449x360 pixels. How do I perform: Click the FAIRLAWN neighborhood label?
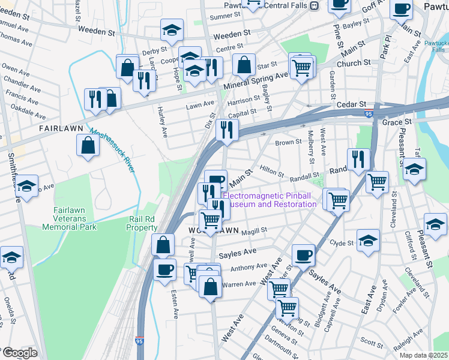coord(60,128)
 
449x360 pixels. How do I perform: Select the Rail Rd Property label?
coord(142,224)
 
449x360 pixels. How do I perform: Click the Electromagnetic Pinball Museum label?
coord(270,200)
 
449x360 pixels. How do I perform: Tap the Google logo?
coord(19,353)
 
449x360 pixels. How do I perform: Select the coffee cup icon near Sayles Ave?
coord(303,254)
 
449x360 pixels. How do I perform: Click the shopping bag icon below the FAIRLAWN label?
coord(88,145)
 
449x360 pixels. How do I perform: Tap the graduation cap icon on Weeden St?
coord(172,30)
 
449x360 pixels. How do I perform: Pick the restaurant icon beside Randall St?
coord(358,159)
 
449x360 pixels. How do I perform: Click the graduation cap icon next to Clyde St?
coord(368,241)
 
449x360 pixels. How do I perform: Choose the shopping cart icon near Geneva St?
coord(287,308)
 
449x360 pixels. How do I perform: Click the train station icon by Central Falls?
coord(314,5)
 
